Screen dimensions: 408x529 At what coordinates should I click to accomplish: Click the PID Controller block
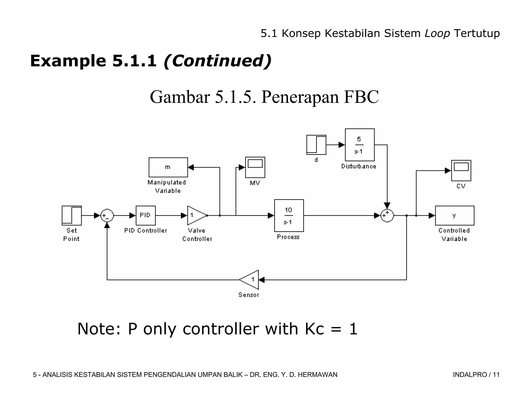pyautogui.click(x=146, y=215)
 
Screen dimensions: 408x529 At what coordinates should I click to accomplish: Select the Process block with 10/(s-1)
pyautogui.click(x=289, y=215)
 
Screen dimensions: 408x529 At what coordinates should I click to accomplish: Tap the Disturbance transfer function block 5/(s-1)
pyautogui.click(x=360, y=145)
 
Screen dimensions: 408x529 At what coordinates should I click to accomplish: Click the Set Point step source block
pyautogui.click(x=72, y=215)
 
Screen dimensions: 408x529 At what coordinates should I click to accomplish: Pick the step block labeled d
pyautogui.click(x=316, y=145)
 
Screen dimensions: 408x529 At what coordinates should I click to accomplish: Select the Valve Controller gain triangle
pyautogui.click(x=196, y=215)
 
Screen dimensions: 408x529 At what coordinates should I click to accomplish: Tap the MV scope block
pyautogui.click(x=255, y=167)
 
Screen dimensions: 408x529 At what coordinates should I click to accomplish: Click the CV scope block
pyautogui.click(x=461, y=170)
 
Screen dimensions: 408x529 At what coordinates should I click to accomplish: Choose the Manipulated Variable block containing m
pyautogui.click(x=168, y=167)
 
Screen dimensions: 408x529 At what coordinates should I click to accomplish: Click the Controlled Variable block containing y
pyautogui.click(x=455, y=215)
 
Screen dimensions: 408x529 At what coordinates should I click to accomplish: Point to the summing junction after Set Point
pyautogui.click(x=107, y=215)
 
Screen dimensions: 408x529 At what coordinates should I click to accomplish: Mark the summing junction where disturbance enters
pyautogui.click(x=387, y=215)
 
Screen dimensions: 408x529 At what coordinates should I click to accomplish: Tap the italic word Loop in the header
pyautogui.click(x=437, y=33)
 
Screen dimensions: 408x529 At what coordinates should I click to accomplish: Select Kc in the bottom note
pyautogui.click(x=314, y=329)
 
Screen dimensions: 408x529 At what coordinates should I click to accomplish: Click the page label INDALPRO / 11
pyautogui.click(x=476, y=374)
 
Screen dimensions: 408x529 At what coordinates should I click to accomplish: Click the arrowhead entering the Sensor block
pyautogui.click(x=261, y=280)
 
